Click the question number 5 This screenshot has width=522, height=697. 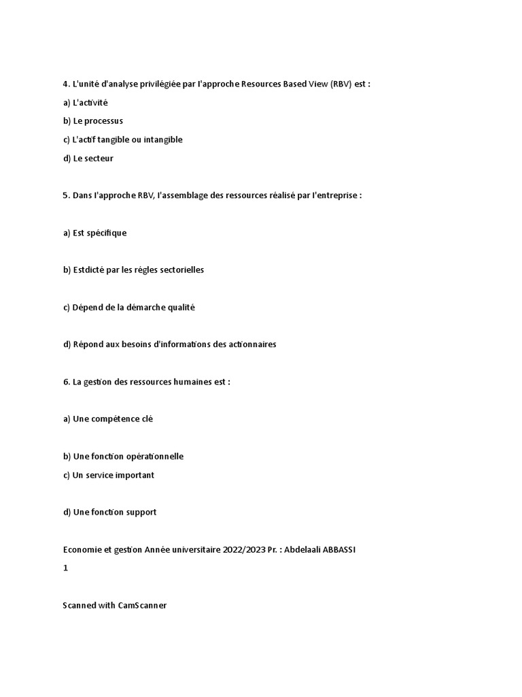coord(66,195)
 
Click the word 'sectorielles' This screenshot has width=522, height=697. coord(181,270)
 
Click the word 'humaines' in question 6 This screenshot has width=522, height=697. coord(190,382)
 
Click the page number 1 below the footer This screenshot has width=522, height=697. coord(66,568)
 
